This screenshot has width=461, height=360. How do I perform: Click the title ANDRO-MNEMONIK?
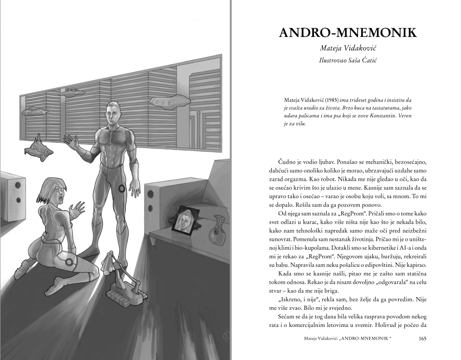point(348,33)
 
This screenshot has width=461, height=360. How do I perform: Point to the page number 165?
point(423,338)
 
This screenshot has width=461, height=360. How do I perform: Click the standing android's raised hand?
point(72,142)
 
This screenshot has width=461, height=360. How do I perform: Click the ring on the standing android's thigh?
point(122,188)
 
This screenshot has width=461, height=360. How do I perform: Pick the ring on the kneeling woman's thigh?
point(70,262)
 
